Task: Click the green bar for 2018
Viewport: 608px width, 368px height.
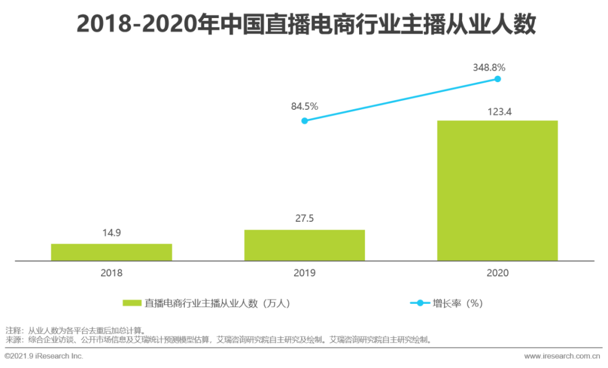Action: point(111,252)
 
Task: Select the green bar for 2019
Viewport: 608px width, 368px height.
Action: point(305,245)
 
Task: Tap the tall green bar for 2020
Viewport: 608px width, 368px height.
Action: point(498,191)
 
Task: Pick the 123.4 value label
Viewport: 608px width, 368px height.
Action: point(498,111)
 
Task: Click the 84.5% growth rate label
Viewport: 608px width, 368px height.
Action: point(305,106)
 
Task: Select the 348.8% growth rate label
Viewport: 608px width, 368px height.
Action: point(490,68)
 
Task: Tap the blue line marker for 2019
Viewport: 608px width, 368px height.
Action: point(305,120)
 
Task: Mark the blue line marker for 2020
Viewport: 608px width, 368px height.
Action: point(498,79)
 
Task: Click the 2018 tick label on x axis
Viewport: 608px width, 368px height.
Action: point(111,273)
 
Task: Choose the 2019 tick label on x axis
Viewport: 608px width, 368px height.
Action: point(305,273)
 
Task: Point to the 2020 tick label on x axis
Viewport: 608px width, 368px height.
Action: point(498,273)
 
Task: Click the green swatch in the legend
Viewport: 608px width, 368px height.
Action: point(131,303)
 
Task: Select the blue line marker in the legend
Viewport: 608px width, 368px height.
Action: point(419,303)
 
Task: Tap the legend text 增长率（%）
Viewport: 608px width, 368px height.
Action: point(458,303)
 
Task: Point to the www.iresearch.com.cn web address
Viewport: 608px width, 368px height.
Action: point(561,356)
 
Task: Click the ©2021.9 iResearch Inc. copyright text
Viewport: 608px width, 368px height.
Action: point(44,356)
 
